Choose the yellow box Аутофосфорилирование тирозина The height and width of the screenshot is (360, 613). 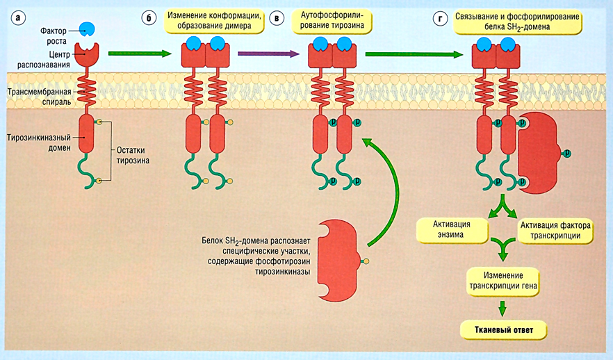(332, 21)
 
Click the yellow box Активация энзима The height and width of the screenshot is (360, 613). (452, 230)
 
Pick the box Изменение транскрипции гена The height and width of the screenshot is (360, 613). (502, 280)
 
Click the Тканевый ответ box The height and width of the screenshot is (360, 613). (502, 329)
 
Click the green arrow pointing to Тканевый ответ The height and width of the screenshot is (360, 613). (502, 306)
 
